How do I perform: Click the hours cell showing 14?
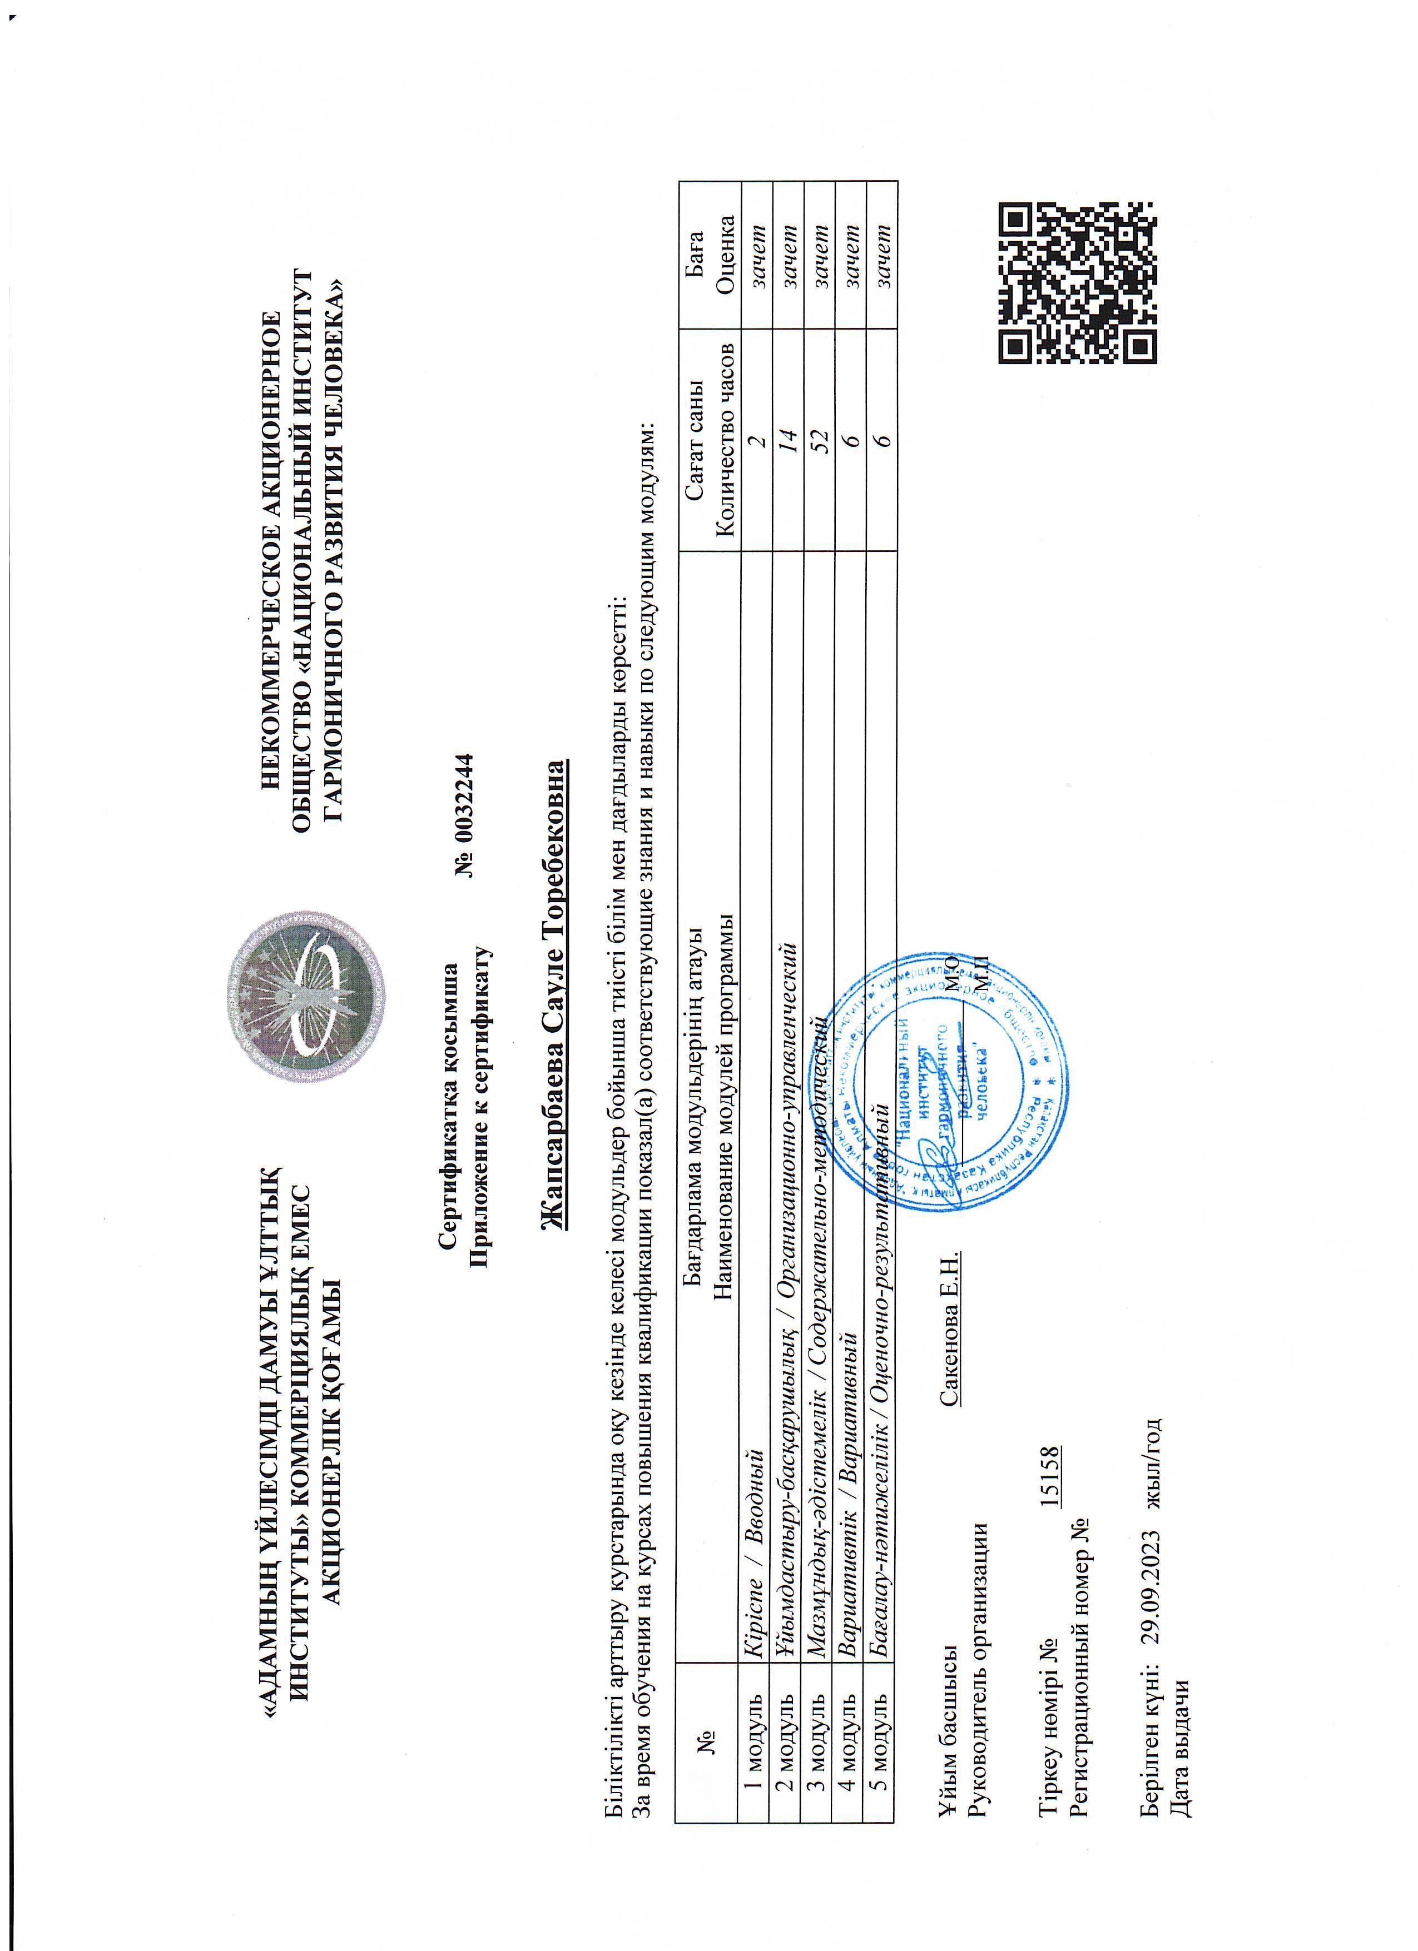click(x=786, y=446)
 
